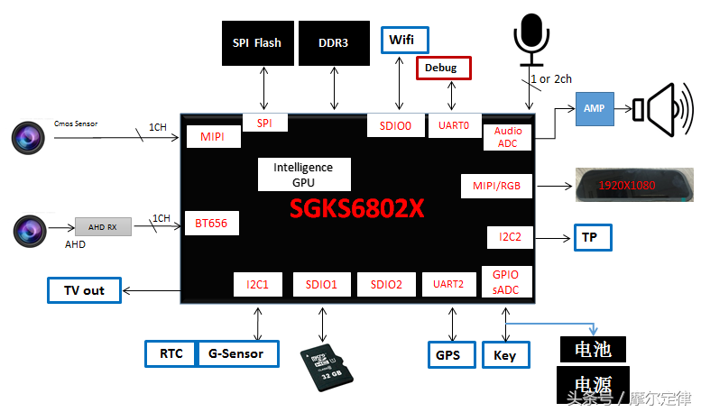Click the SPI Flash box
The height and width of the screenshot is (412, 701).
click(x=256, y=42)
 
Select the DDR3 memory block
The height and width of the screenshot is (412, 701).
click(x=334, y=42)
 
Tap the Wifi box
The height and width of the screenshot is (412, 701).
click(x=403, y=40)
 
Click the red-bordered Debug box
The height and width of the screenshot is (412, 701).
click(x=443, y=68)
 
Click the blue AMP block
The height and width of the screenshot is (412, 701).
click(x=594, y=108)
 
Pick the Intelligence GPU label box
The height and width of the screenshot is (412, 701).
click(x=303, y=175)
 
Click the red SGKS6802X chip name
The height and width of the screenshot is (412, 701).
click(x=356, y=209)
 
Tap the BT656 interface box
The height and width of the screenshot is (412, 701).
click(x=211, y=224)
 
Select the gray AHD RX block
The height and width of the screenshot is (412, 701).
click(x=103, y=226)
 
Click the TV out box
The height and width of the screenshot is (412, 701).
click(x=85, y=290)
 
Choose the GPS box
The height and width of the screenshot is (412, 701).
click(x=448, y=355)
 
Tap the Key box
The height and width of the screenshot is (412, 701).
click(x=505, y=355)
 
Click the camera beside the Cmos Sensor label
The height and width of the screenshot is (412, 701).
click(x=28, y=137)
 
